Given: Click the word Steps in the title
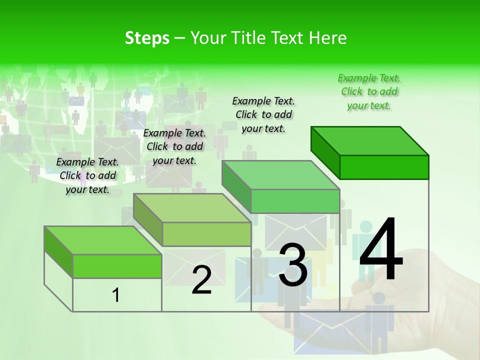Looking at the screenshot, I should [147, 38].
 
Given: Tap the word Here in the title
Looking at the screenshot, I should [328, 38].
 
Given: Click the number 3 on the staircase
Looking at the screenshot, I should [292, 265].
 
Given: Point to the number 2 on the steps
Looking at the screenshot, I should [201, 280].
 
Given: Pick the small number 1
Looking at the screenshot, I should [116, 295].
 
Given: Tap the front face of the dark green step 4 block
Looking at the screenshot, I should [384, 167].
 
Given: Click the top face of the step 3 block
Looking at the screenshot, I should [280, 175].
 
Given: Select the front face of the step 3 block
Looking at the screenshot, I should [295, 201].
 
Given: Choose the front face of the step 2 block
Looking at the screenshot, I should [206, 234].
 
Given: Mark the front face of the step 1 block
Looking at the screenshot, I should [117, 266].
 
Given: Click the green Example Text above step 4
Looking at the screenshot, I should [369, 91].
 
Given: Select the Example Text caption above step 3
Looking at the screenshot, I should [263, 114].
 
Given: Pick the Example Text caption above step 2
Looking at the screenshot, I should [174, 146].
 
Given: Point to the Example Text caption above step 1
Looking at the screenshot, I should [87, 175].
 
